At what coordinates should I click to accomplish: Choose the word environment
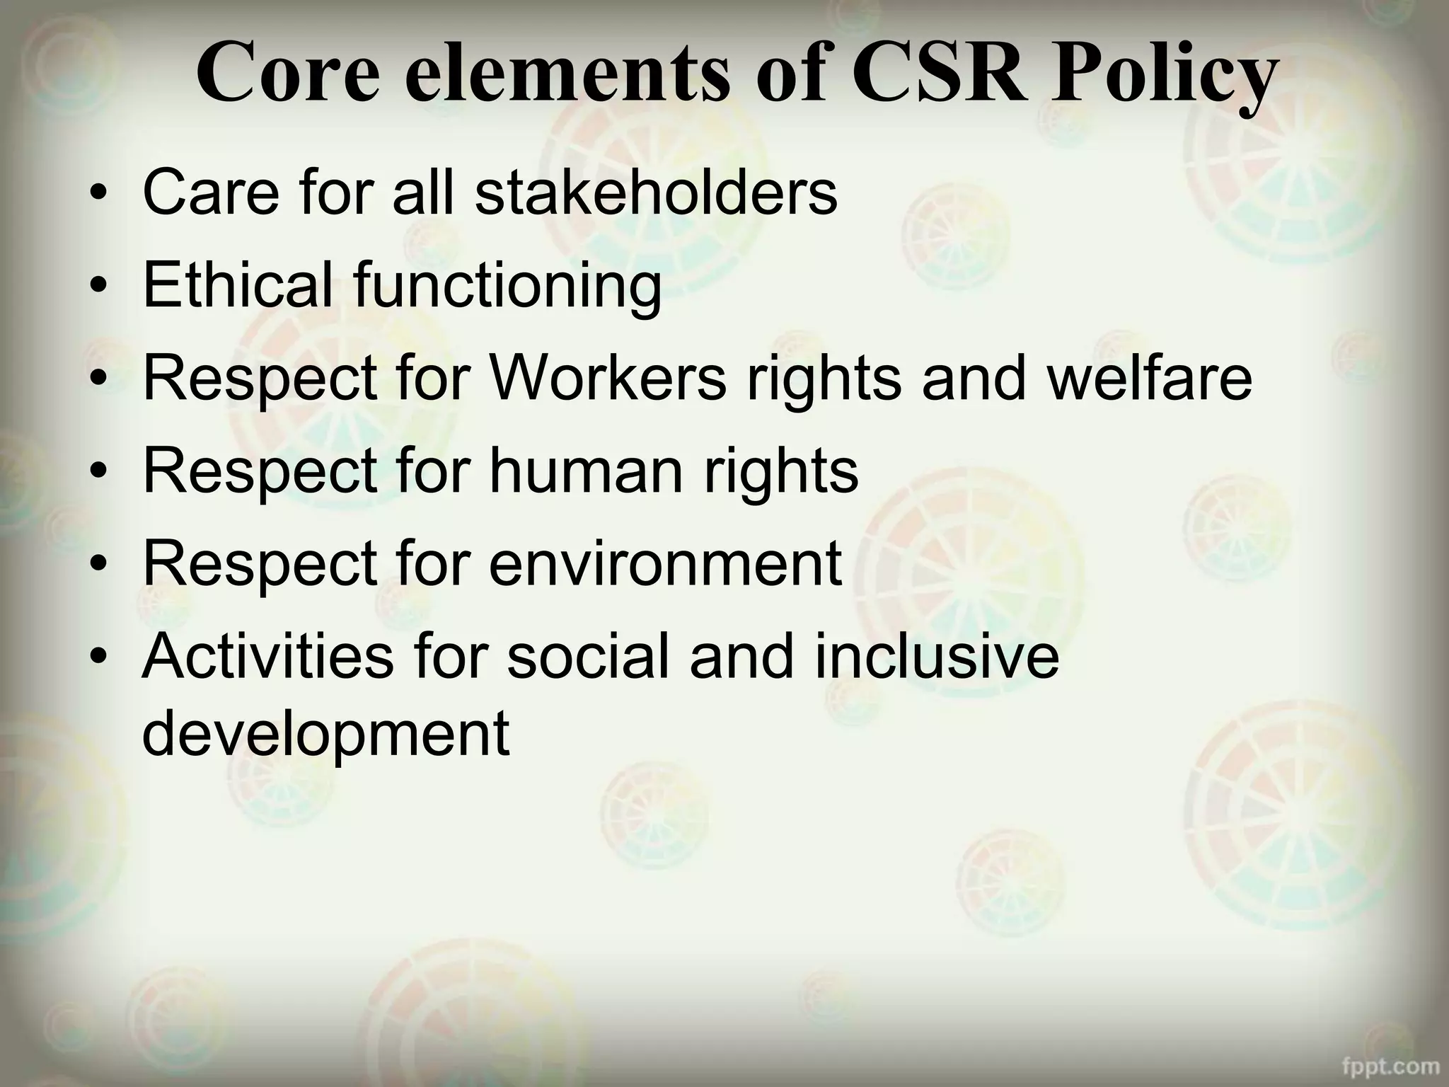pos(665,563)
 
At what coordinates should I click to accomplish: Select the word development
pos(325,734)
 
